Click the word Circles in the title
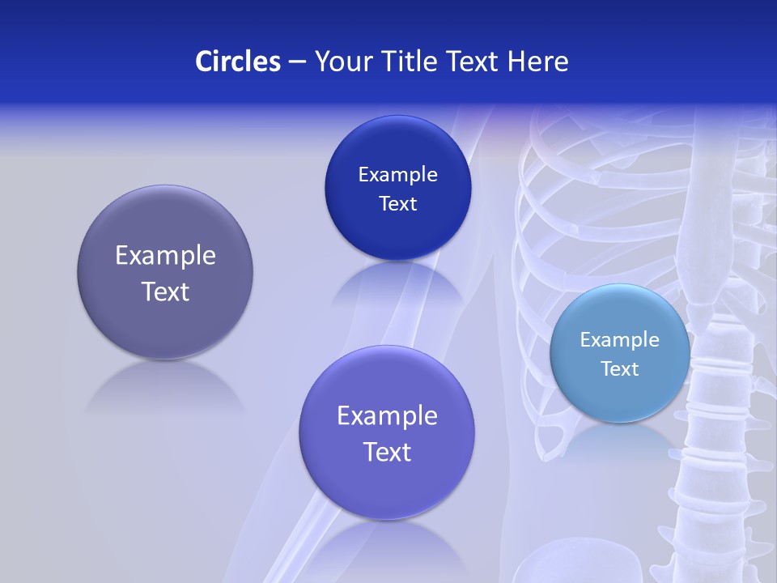237,61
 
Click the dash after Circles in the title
296,62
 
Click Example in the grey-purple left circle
165,256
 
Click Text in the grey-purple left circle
165,291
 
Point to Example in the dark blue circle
397,175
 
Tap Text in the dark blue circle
397,204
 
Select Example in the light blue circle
620,340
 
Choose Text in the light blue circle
620,369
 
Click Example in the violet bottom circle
387,416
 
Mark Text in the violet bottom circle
387,452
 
